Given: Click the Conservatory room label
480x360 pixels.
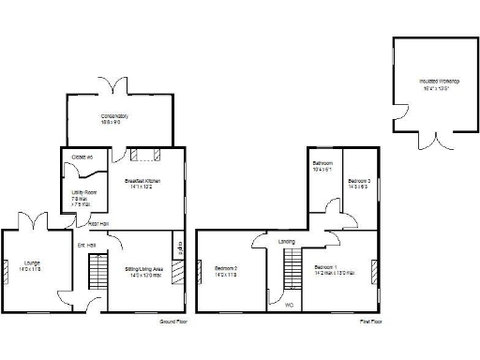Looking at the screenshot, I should coord(114,117).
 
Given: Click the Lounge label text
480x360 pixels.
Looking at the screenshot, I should coord(33,266).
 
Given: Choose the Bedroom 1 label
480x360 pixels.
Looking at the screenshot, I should coord(335,269).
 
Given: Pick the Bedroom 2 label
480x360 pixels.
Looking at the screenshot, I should coord(226,270).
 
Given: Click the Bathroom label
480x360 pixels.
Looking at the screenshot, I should coord(323,167).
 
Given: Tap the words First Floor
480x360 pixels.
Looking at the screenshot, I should coord(370,322).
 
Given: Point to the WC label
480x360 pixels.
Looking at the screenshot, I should coord(289,303).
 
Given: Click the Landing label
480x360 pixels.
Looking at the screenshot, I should coord(287,241).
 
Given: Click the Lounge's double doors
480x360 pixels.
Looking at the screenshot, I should coord(33,222).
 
